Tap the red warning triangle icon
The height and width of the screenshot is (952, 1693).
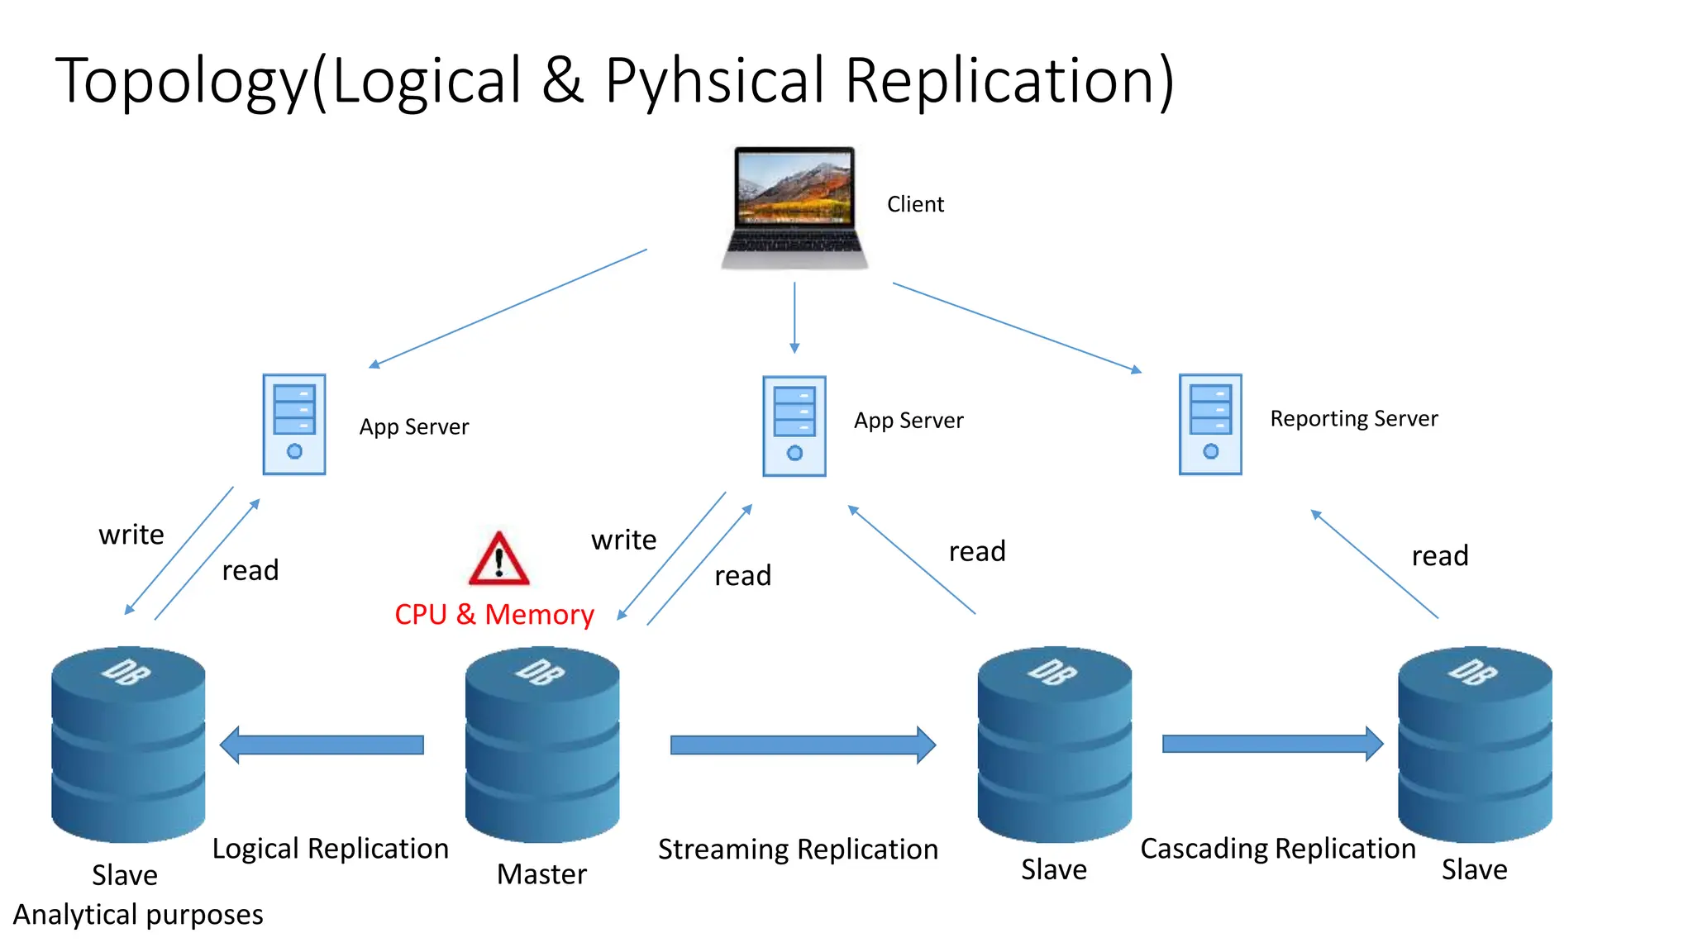pos(498,560)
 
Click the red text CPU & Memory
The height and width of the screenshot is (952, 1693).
pos(494,615)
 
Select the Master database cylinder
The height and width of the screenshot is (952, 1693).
pos(541,744)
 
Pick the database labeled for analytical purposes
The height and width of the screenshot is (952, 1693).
pos(128,744)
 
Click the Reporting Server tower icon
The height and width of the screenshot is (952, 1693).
pos(1210,424)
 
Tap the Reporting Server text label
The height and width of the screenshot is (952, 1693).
pos(1353,419)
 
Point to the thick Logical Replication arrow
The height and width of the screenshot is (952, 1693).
pos(322,745)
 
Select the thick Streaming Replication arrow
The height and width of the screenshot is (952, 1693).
pos(802,745)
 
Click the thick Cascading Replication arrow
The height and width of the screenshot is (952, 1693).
pos(1271,744)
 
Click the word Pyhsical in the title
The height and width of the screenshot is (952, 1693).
pos(714,81)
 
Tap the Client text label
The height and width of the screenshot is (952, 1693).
pos(915,204)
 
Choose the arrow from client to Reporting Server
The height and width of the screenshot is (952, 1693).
pos(1017,327)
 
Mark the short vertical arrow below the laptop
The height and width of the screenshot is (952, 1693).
pos(794,317)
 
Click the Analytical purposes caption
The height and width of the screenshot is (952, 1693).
pos(138,915)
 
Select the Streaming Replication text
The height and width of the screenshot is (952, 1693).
pos(798,850)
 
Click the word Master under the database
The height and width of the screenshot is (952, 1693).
pos(541,874)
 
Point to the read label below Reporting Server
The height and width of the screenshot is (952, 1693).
pos(1439,556)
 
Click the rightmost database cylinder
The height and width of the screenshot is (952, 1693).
pos(1474,744)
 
